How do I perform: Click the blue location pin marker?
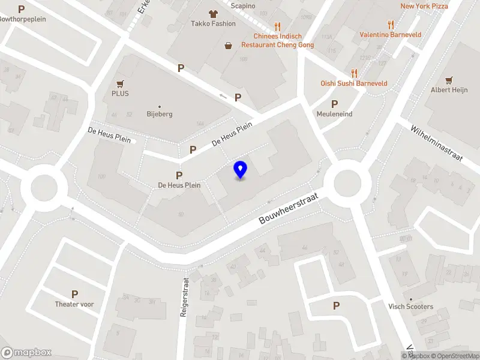coord(241,170)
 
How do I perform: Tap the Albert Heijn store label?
coord(448,90)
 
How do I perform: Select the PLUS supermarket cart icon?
coord(120,84)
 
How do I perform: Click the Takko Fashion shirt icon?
coord(212,13)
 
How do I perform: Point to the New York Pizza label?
coord(424,6)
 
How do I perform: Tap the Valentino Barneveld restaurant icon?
coord(391,25)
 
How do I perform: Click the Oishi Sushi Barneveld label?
coord(354,83)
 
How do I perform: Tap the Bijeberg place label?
coord(160,113)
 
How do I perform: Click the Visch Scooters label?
coord(411,307)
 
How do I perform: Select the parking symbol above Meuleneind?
coord(335,104)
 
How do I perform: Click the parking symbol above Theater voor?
coord(75,294)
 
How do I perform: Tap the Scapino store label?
coord(243,6)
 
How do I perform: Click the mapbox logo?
coord(26,352)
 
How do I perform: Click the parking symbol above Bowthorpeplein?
coord(22,9)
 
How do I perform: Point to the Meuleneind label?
coord(335,114)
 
